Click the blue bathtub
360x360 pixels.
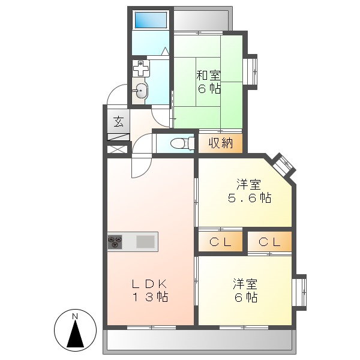[x=151, y=20]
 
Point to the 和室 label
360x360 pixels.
[x=208, y=76]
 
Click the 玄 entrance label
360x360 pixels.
[x=118, y=122]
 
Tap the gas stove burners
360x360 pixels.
[x=116, y=242]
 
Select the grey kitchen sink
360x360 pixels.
[x=145, y=242]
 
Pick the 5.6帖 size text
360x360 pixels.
[x=247, y=198]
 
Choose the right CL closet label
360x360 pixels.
[x=269, y=242]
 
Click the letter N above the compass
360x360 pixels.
[x=75, y=316]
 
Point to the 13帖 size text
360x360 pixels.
[x=150, y=296]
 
